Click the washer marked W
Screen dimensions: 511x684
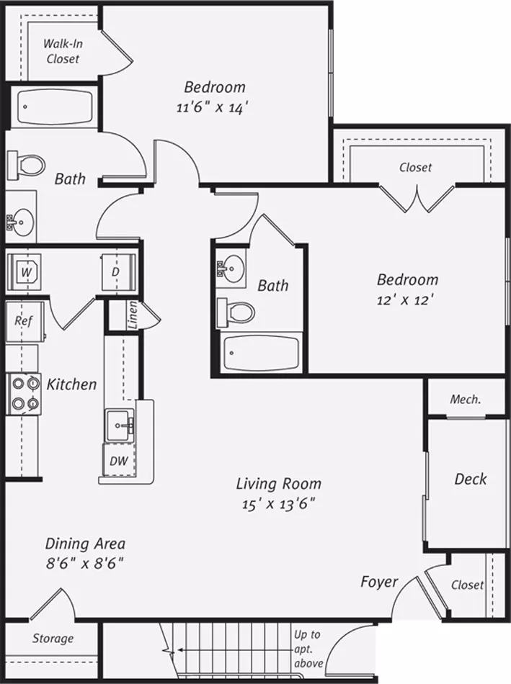coord(25,273)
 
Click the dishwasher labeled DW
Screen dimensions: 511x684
coord(119,461)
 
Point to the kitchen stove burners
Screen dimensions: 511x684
coord(24,394)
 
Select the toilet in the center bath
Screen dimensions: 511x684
coord(236,312)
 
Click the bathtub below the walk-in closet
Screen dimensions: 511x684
coord(55,107)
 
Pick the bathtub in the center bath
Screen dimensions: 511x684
coord(262,353)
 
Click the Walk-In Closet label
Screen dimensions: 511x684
coord(63,51)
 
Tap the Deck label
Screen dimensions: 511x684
coord(471,479)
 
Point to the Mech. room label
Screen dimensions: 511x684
coord(466,399)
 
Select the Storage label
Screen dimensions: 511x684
coord(53,639)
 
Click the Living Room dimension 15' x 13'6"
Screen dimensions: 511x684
coord(279,504)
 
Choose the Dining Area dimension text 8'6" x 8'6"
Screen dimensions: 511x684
coord(85,563)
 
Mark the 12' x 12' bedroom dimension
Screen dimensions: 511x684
coord(405,300)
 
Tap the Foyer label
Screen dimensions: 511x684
coord(379,582)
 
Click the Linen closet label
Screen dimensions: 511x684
coord(133,315)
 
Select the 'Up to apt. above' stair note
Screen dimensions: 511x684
coord(308,649)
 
